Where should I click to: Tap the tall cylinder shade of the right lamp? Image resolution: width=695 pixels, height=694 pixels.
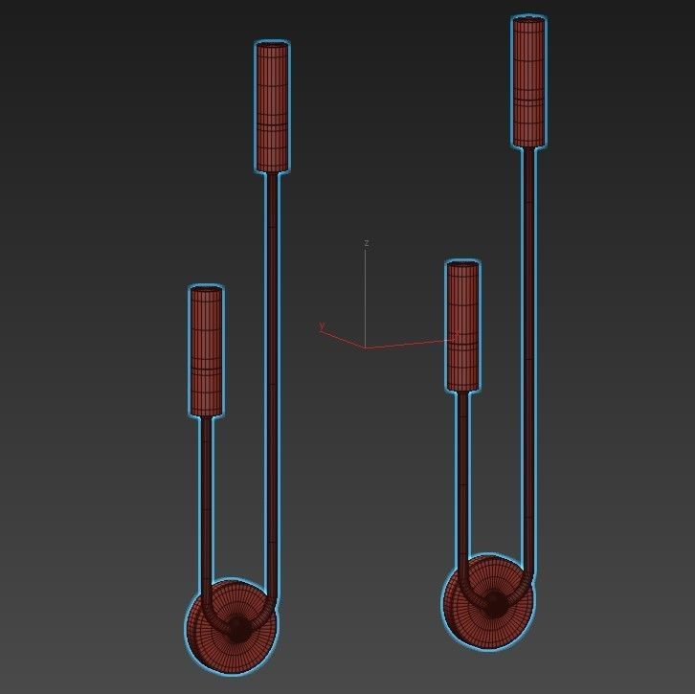pos(528,82)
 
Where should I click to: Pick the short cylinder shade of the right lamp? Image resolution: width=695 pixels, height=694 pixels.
pos(462,326)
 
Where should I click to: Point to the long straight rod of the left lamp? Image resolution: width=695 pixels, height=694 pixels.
pos(273,383)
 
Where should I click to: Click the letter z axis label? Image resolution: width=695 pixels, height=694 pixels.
pos(367,244)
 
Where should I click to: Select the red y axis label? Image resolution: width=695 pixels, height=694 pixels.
pos(322,327)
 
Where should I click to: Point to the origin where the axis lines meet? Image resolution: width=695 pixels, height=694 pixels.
pos(365,347)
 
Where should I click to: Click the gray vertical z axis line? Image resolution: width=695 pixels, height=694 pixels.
pos(366,297)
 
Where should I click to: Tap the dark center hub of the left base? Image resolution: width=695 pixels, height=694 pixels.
pos(236,627)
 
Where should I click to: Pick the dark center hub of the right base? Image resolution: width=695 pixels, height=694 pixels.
pos(494,603)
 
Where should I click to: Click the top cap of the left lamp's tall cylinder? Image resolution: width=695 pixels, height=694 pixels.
pos(273,44)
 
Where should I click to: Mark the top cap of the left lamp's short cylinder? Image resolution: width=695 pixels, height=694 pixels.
pos(206,288)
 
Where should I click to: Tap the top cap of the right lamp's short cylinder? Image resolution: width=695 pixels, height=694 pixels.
pos(462,264)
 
